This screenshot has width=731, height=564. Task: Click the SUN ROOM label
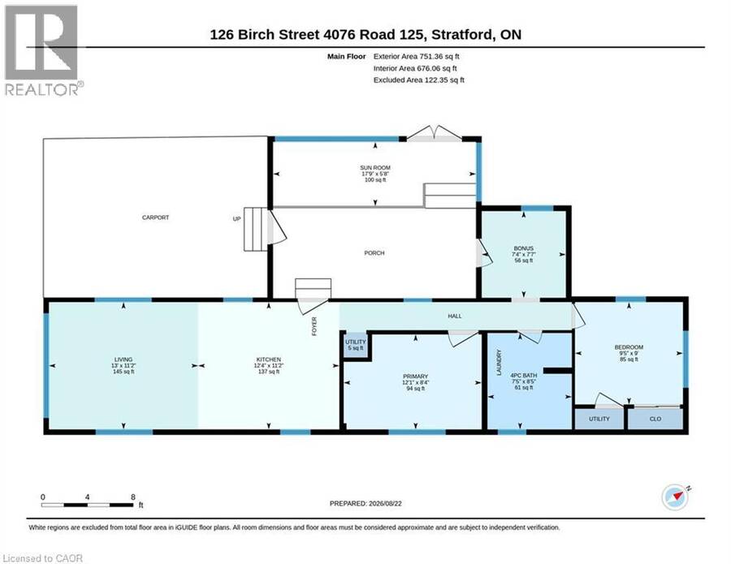click(374, 168)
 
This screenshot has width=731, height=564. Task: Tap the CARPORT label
click(155, 217)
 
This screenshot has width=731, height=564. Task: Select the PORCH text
click(374, 253)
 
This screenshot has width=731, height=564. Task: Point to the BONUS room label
click(524, 248)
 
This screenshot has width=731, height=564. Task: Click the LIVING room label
click(123, 359)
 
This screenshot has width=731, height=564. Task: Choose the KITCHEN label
click(269, 359)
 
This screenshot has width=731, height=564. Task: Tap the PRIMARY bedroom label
click(415, 377)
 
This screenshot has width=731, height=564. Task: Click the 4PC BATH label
click(524, 375)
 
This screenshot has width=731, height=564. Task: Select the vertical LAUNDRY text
click(499, 362)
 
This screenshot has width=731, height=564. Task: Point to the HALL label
click(455, 316)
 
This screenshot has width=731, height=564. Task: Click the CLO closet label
click(655, 419)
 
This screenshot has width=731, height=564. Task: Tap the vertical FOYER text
click(314, 326)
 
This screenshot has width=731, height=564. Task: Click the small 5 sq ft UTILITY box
click(356, 345)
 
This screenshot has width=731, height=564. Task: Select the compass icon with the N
click(676, 497)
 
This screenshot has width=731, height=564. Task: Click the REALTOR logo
click(44, 50)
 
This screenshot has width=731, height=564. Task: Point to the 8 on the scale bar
click(133, 497)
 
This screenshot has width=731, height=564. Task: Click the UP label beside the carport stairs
click(237, 218)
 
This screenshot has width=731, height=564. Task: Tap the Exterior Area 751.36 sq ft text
click(417, 56)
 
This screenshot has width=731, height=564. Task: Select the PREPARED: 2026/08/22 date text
click(365, 503)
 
